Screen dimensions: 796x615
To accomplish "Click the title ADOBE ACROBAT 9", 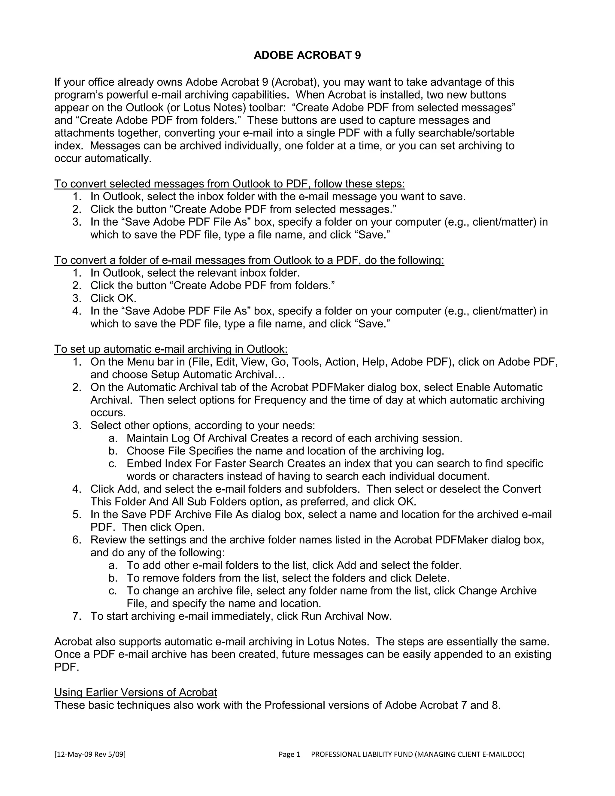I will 307,55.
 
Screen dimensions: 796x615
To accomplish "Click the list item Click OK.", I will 113,298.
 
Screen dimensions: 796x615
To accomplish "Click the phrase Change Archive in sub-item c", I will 497,591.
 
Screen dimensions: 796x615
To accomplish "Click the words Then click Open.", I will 163,527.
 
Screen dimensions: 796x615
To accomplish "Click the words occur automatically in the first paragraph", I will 102,159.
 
